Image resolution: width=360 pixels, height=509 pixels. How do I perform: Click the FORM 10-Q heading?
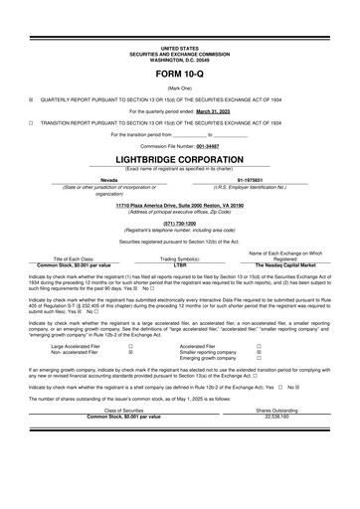[x=180, y=76]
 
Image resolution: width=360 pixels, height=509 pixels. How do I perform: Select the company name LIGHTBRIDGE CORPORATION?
[x=180, y=159]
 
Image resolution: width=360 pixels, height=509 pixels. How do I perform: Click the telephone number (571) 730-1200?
[x=180, y=223]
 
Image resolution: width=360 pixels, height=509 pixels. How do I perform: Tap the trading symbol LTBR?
[x=180, y=265]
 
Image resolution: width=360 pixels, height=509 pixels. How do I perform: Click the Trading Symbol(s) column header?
[x=180, y=258]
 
